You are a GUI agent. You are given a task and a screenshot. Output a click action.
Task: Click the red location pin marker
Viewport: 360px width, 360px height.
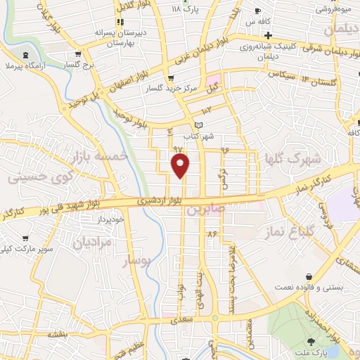coord(181,166)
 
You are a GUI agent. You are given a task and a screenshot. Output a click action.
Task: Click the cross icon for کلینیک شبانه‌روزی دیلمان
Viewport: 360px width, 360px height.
coord(267,34)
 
